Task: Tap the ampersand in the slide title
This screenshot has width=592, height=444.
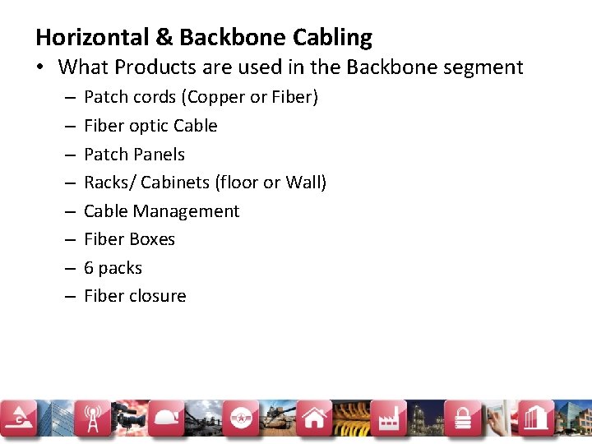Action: pos(163,38)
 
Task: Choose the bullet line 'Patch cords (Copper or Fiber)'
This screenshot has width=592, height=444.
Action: pos(201,97)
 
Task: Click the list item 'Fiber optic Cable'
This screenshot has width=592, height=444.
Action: pos(150,126)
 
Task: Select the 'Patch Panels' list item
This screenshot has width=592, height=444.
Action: pos(134,155)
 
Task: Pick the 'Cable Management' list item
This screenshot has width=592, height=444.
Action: pos(161,211)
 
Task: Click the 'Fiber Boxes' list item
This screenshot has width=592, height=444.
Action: pos(129,239)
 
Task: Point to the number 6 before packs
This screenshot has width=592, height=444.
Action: pos(89,268)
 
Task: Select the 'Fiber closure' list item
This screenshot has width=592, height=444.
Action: pos(135,296)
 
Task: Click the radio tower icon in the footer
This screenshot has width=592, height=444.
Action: pos(90,419)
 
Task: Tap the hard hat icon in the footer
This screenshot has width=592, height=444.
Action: pos(169,419)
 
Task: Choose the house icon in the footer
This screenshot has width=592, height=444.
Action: pos(314,419)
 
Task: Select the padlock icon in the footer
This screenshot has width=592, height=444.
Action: pos(463,419)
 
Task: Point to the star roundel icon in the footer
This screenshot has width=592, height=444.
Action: pos(241,419)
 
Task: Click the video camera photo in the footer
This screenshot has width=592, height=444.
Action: pos(129,419)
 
